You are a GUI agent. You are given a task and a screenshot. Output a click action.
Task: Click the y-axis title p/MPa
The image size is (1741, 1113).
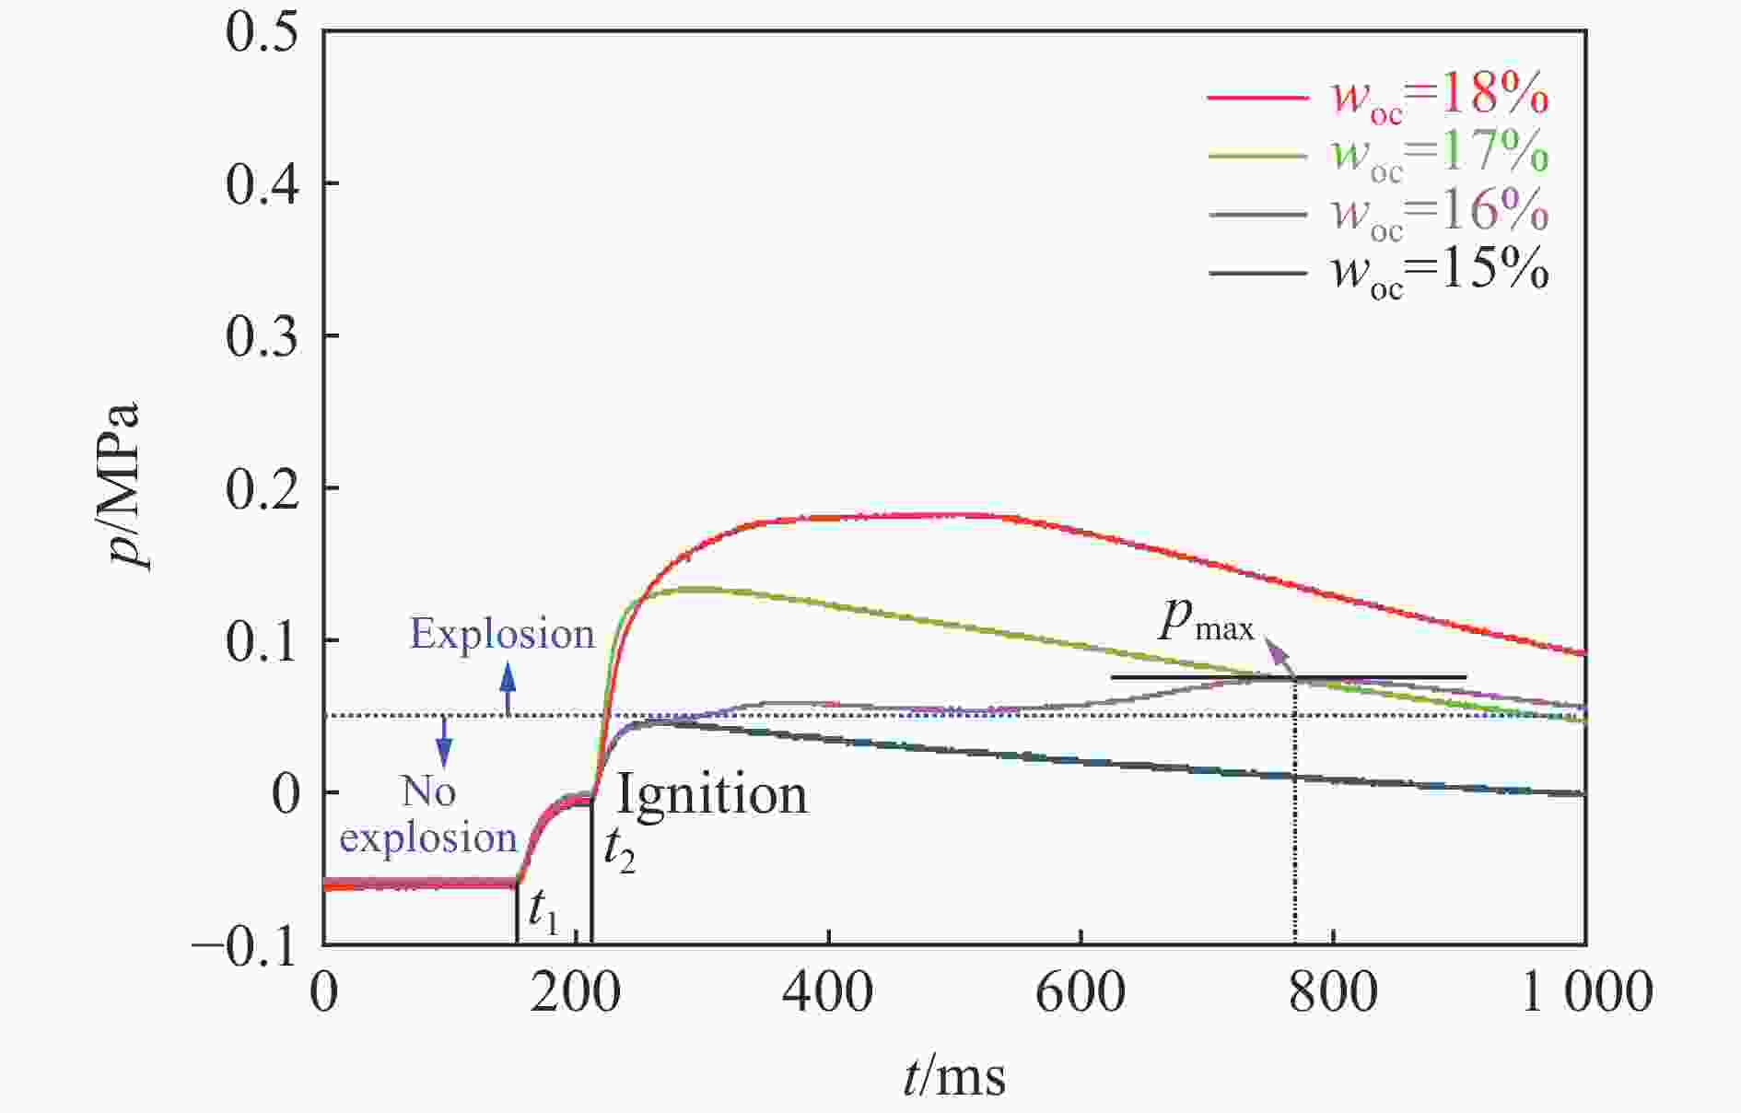(x=123, y=486)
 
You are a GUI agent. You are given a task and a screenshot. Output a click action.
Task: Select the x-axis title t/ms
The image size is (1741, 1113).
(x=953, y=1075)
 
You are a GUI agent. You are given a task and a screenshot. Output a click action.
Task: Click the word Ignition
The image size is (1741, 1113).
(x=711, y=794)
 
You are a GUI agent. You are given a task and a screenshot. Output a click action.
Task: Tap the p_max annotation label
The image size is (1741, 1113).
(x=1206, y=623)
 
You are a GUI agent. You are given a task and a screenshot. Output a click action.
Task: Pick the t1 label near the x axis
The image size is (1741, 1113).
(x=543, y=912)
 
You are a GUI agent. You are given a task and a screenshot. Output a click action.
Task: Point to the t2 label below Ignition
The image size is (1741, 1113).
(x=618, y=851)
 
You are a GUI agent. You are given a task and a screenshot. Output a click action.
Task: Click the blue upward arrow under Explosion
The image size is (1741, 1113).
(x=507, y=690)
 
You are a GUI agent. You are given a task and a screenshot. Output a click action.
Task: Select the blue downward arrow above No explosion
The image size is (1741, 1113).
(x=445, y=741)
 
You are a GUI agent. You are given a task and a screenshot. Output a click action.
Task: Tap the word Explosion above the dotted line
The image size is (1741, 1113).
(x=502, y=634)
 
